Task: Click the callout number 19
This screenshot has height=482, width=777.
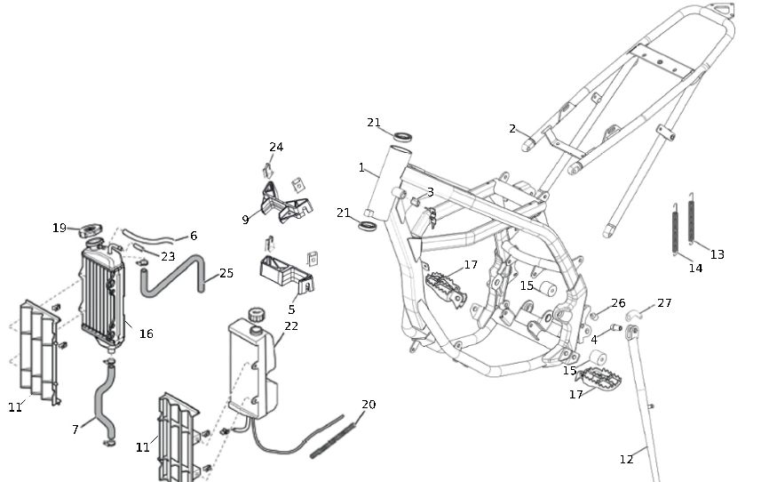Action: (59, 229)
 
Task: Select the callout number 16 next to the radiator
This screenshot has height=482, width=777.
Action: (146, 333)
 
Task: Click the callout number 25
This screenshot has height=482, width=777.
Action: (226, 273)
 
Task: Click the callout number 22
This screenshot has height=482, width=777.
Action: (291, 326)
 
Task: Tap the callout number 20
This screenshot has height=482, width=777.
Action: (369, 405)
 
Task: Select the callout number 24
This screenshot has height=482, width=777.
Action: (276, 147)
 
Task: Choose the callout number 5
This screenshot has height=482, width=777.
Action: (291, 309)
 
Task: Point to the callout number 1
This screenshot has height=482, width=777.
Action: (361, 167)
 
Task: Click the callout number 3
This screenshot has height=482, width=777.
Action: (431, 192)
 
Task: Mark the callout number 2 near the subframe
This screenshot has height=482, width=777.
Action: (512, 129)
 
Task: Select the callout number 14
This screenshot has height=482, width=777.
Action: (695, 268)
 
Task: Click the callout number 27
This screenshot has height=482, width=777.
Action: (664, 303)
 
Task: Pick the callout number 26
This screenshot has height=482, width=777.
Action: (618, 303)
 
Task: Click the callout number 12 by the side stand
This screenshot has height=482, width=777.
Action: (627, 459)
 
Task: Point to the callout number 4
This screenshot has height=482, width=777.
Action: (593, 339)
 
